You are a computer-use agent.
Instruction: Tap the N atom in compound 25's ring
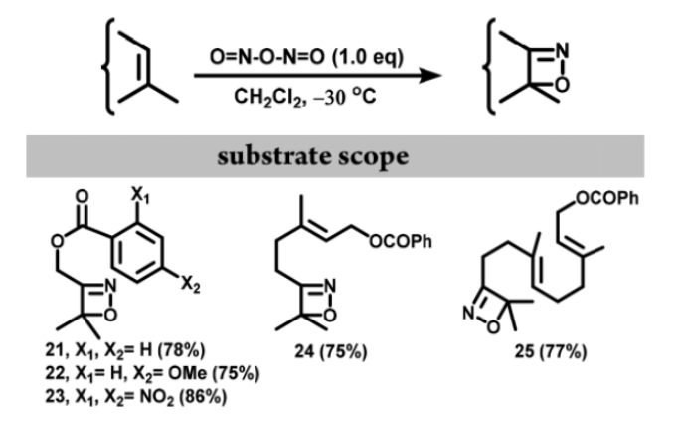465,316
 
